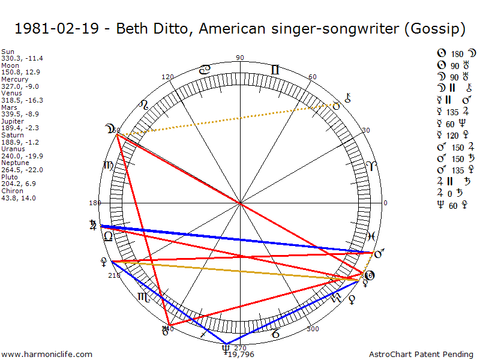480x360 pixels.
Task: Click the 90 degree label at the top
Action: pos(240,58)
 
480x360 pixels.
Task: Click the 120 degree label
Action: pos(168,77)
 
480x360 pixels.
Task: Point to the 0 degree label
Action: pos(386,203)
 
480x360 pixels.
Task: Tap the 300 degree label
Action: pos(313,329)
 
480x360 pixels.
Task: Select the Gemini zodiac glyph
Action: pos(275,70)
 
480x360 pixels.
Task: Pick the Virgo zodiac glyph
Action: pos(108,166)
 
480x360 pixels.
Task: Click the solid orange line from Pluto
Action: pos(234,271)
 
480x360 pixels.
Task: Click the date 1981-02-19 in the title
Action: pos(58,28)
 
